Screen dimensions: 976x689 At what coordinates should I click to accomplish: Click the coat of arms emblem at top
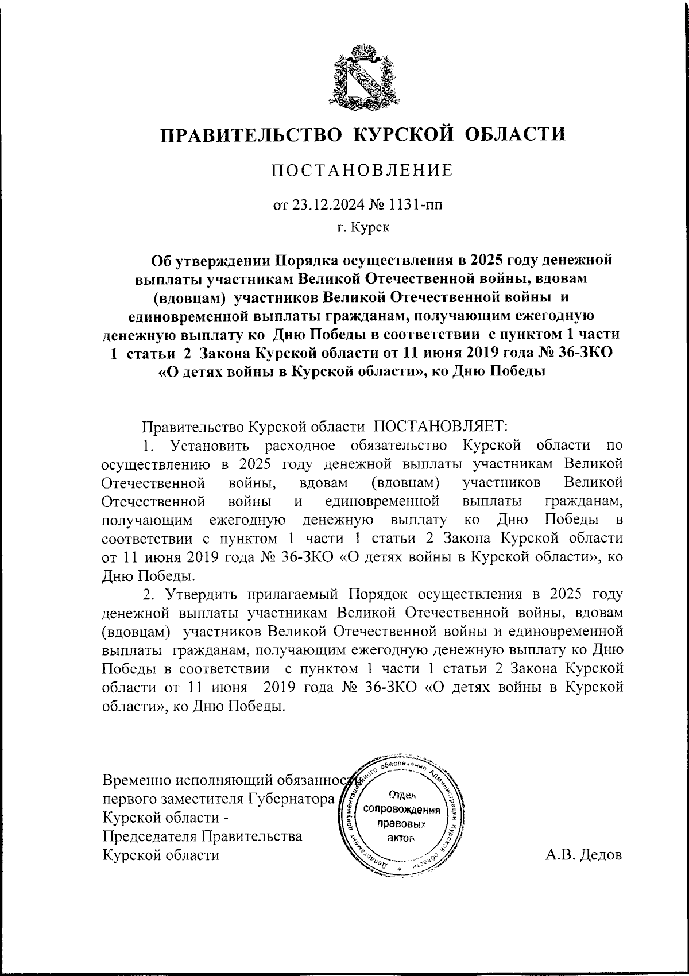(x=364, y=76)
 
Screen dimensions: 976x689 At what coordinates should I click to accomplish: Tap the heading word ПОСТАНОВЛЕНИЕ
(x=362, y=171)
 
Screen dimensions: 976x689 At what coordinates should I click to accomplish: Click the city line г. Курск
(x=363, y=228)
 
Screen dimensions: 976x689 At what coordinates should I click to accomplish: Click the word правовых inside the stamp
(x=400, y=824)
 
